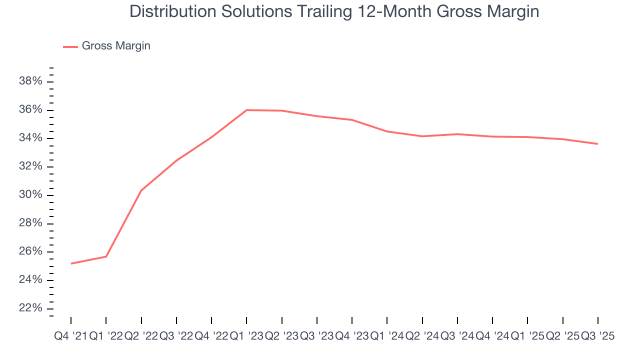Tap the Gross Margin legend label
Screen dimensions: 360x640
click(116, 46)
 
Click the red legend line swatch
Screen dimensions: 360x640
click(70, 46)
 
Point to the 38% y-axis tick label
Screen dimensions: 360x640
click(31, 81)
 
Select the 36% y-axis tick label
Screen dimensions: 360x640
click(31, 110)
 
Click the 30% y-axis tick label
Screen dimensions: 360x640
click(31, 195)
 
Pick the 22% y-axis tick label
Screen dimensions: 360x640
click(31, 308)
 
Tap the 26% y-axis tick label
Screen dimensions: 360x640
click(31, 251)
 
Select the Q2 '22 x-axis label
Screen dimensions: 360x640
click(141, 336)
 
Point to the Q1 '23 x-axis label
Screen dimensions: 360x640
click(246, 336)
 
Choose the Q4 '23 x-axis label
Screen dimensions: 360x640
click(352, 336)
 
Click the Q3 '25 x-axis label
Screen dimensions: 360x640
click(597, 336)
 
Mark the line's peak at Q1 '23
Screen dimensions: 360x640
click(246, 110)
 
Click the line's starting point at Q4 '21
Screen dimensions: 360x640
click(71, 263)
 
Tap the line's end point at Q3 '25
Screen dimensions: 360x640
click(598, 144)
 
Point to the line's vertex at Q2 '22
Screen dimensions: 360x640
click(141, 190)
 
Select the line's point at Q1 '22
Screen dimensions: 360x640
click(106, 256)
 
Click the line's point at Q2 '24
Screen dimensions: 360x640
click(422, 136)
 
